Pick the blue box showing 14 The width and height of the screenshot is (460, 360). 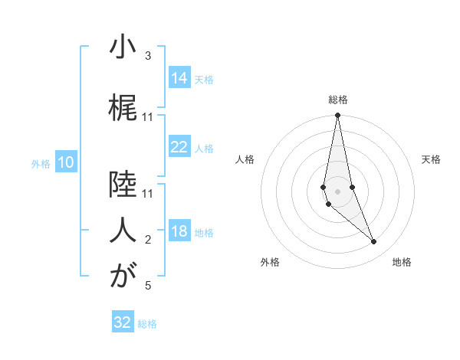click(179, 78)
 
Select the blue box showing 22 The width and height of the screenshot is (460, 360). click(179, 147)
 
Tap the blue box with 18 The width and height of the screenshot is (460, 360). click(179, 231)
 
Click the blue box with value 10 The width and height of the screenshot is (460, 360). click(66, 162)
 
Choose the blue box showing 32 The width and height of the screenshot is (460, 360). click(123, 322)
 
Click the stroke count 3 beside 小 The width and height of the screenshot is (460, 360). click(148, 56)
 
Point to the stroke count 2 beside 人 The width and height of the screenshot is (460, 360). click(148, 240)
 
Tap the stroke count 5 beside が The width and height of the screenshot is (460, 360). click(148, 286)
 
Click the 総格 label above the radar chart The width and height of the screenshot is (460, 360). click(338, 100)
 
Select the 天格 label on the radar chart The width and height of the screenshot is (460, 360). click(432, 159)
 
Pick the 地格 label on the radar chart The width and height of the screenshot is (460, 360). click(402, 262)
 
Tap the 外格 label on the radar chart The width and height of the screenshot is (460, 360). click(270, 262)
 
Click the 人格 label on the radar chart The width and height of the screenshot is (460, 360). click(245, 159)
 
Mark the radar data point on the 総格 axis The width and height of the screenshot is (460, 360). click(338, 115)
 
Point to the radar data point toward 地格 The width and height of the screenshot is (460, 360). click(374, 242)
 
